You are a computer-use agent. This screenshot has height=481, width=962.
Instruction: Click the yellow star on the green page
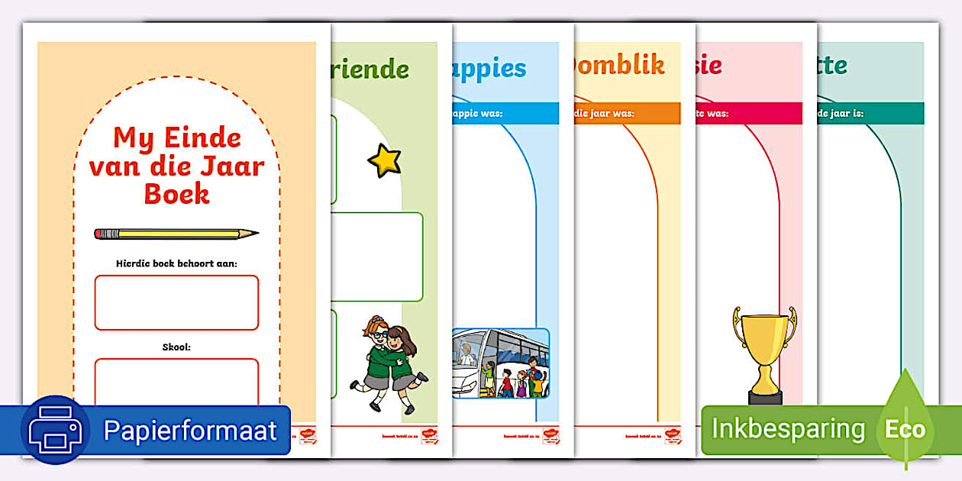(x=384, y=160)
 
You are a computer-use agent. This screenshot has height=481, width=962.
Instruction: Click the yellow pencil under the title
(x=176, y=234)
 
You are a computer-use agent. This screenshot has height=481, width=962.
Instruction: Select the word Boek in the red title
(x=176, y=193)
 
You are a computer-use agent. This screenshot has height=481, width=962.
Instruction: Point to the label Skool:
(x=176, y=347)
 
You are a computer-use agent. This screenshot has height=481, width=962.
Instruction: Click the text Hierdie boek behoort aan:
(x=176, y=263)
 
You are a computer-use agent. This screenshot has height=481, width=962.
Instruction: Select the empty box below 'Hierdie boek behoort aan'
(x=176, y=302)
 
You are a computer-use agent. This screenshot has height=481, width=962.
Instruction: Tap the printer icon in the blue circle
(x=55, y=430)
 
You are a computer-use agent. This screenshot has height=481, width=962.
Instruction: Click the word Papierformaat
(x=190, y=431)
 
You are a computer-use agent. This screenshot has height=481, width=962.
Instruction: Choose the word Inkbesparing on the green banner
(x=788, y=429)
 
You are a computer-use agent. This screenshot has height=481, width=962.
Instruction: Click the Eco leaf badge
(x=905, y=428)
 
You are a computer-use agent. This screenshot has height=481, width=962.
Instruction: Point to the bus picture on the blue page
(x=500, y=363)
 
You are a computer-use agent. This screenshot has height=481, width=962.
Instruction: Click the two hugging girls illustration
(x=389, y=363)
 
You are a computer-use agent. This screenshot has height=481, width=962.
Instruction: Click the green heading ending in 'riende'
(x=370, y=69)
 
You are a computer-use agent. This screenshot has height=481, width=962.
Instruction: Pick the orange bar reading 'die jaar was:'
(x=626, y=114)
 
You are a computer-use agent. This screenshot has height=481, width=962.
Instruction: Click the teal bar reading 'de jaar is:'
(x=869, y=114)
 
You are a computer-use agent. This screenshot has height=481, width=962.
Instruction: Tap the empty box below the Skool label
(x=176, y=382)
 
